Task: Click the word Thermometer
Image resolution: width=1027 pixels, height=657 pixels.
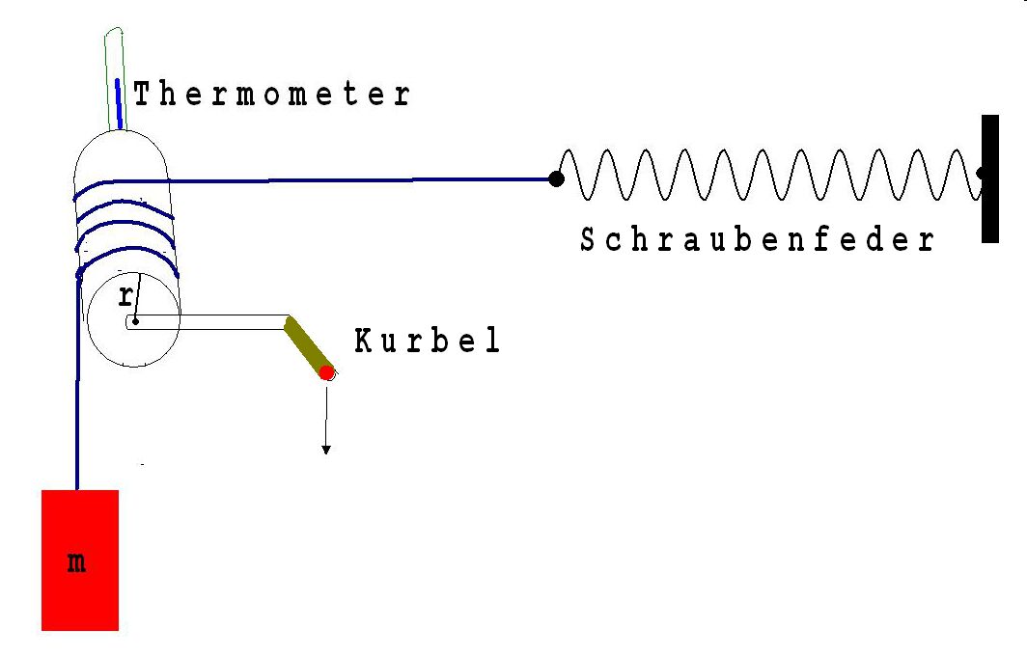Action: coord(272,95)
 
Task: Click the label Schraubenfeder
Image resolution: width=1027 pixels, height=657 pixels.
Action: coord(758,240)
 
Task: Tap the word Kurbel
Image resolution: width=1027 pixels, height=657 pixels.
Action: coord(428,342)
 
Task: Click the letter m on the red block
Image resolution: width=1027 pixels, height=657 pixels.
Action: coord(77,562)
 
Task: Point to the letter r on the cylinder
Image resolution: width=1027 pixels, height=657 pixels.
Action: coord(125,297)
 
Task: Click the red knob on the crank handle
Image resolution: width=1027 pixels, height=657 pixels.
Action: coord(327,372)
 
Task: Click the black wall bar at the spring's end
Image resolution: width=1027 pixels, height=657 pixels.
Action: coord(990,178)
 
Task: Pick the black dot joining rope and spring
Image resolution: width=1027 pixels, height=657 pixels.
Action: coord(556,178)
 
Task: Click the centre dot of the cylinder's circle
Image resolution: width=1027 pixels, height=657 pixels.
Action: coord(133,321)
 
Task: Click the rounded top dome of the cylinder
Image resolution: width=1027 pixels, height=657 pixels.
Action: coord(121,150)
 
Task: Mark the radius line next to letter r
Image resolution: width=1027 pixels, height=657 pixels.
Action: coord(136,299)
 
